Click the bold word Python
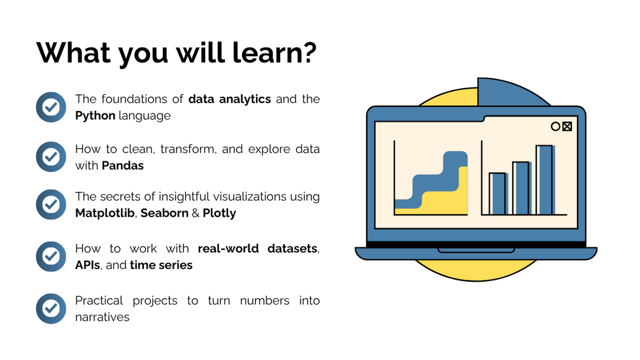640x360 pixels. (x=95, y=117)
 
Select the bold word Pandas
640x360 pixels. (x=122, y=166)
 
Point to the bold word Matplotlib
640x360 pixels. (x=104, y=213)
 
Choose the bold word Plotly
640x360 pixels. (x=219, y=213)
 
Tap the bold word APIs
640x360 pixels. (x=87, y=265)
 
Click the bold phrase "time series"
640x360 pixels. (x=161, y=265)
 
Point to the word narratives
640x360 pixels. (x=102, y=317)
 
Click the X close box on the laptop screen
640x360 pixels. (x=567, y=126)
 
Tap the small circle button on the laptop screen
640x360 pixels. (x=555, y=126)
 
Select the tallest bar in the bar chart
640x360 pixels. (x=544, y=180)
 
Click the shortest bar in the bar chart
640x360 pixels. (x=497, y=194)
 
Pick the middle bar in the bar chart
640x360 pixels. (x=520, y=188)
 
